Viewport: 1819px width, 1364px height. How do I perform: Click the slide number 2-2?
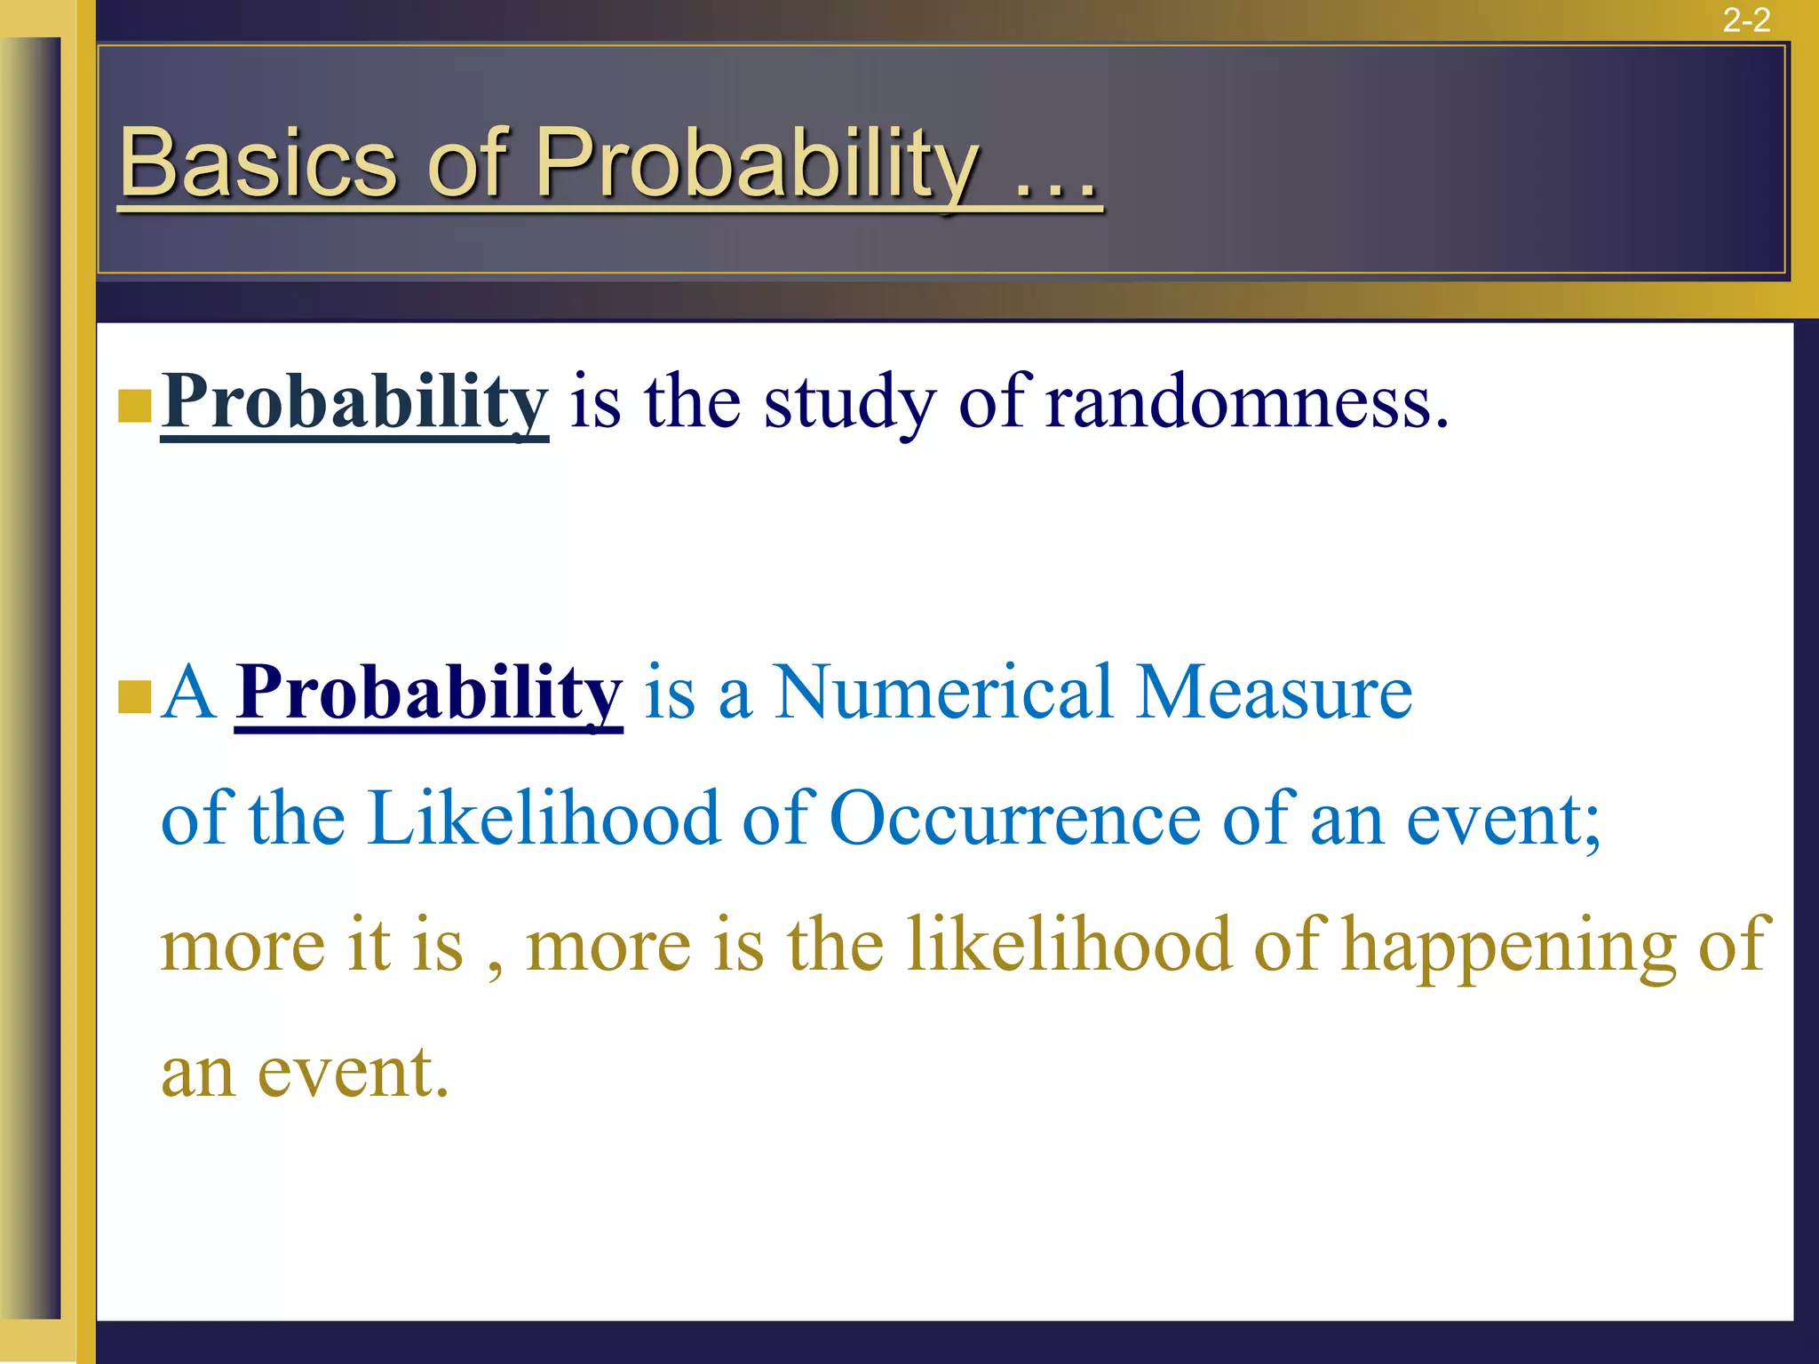click(1746, 20)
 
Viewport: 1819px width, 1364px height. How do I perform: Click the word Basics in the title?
click(258, 163)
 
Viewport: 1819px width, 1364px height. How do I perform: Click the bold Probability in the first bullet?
click(354, 402)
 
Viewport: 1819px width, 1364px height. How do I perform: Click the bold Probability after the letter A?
click(429, 693)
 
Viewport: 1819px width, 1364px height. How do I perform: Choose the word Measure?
click(1274, 693)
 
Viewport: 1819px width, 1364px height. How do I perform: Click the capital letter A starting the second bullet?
click(188, 693)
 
